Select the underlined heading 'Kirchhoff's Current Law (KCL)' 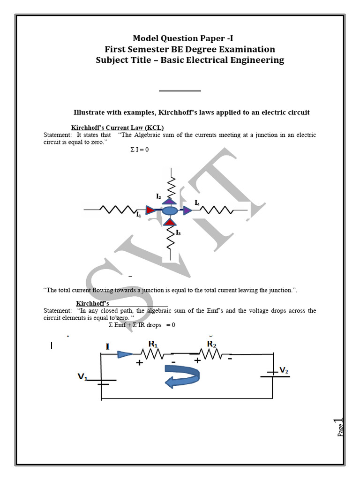[x=117, y=128]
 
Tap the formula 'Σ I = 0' [x=139, y=150]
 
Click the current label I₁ [x=139, y=215]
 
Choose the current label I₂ [x=159, y=196]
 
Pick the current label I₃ [x=178, y=232]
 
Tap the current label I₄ [x=197, y=203]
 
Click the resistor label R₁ [x=153, y=344]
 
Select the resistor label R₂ [x=211, y=344]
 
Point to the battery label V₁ [x=82, y=376]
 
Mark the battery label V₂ [x=284, y=370]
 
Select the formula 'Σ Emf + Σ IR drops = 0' [x=142, y=324]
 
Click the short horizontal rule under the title [x=180, y=90]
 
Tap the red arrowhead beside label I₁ [x=150, y=210]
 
